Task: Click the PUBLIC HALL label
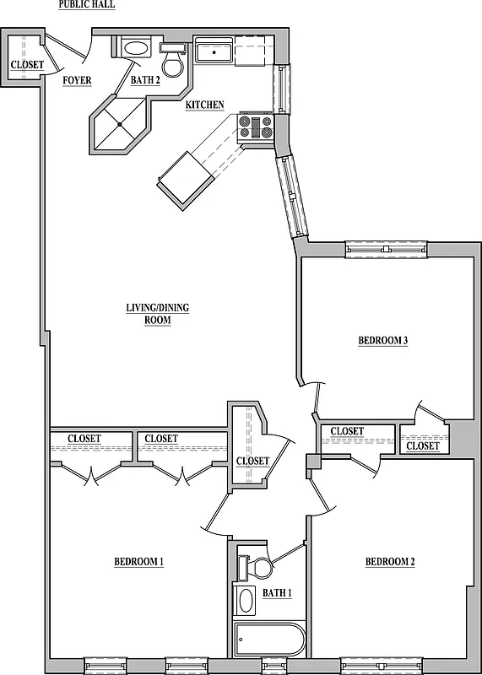pos(87,4)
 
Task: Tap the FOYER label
pos(77,81)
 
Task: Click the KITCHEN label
pos(204,105)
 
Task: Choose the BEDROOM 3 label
pos(383,341)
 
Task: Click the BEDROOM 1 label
pos(138,562)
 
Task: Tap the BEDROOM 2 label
pos(390,562)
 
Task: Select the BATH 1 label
pos(277,593)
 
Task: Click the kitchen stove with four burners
pos(256,127)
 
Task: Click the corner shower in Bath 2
pos(121,125)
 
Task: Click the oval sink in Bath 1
pos(246,601)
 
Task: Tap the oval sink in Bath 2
pos(135,48)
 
